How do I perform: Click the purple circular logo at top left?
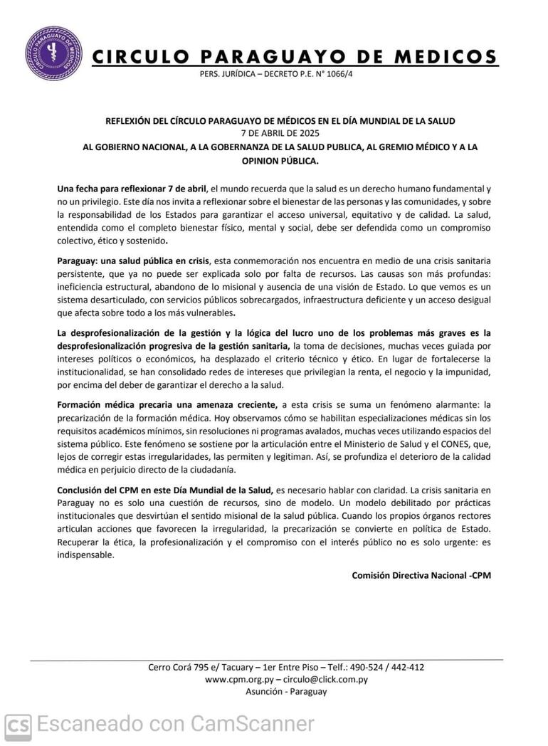coord(53,53)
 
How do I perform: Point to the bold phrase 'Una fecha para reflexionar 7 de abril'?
coord(132,189)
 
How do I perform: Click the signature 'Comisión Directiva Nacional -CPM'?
coord(421,574)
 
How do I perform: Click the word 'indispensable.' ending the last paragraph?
coord(85,556)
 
